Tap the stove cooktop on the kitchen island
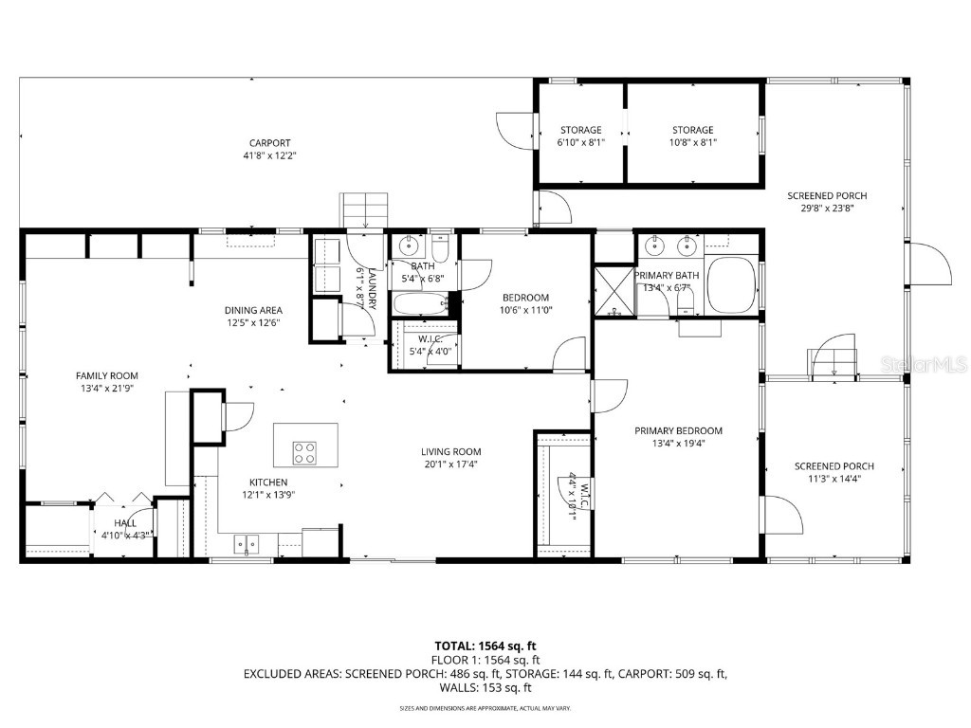[x=304, y=453]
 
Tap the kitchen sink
[x=247, y=544]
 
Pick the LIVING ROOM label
[x=451, y=452]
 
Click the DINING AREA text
[x=253, y=310]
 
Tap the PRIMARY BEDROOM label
[x=678, y=430]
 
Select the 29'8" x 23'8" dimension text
[x=827, y=209]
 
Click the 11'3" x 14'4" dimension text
[x=834, y=479]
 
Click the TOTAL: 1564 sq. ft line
[x=485, y=646]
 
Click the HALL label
[x=125, y=522]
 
